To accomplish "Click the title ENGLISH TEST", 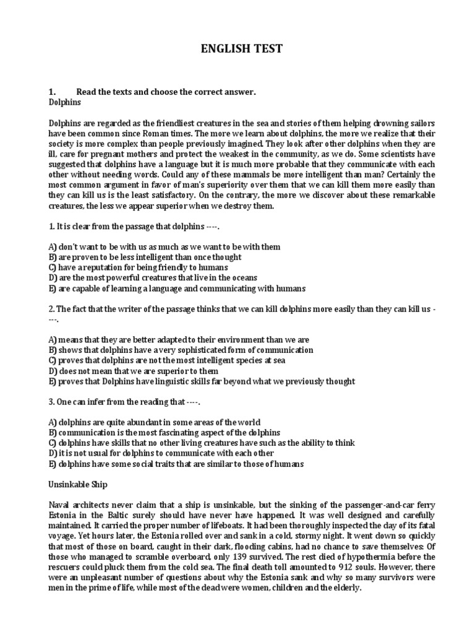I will tap(242, 49).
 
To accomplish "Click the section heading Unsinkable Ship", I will tap(77, 483).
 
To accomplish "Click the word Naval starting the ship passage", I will tap(60, 504).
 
